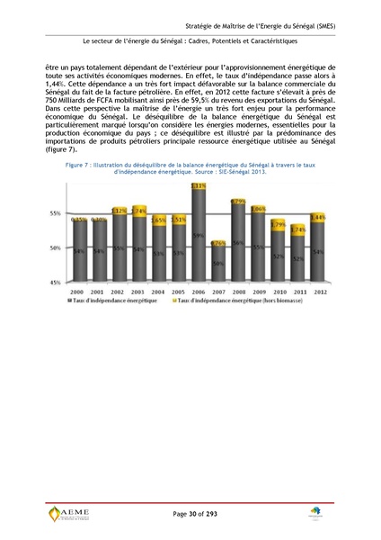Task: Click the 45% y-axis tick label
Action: [x=55, y=282]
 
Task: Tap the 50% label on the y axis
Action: [x=55, y=247]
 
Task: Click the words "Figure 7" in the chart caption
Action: [x=67, y=167]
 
